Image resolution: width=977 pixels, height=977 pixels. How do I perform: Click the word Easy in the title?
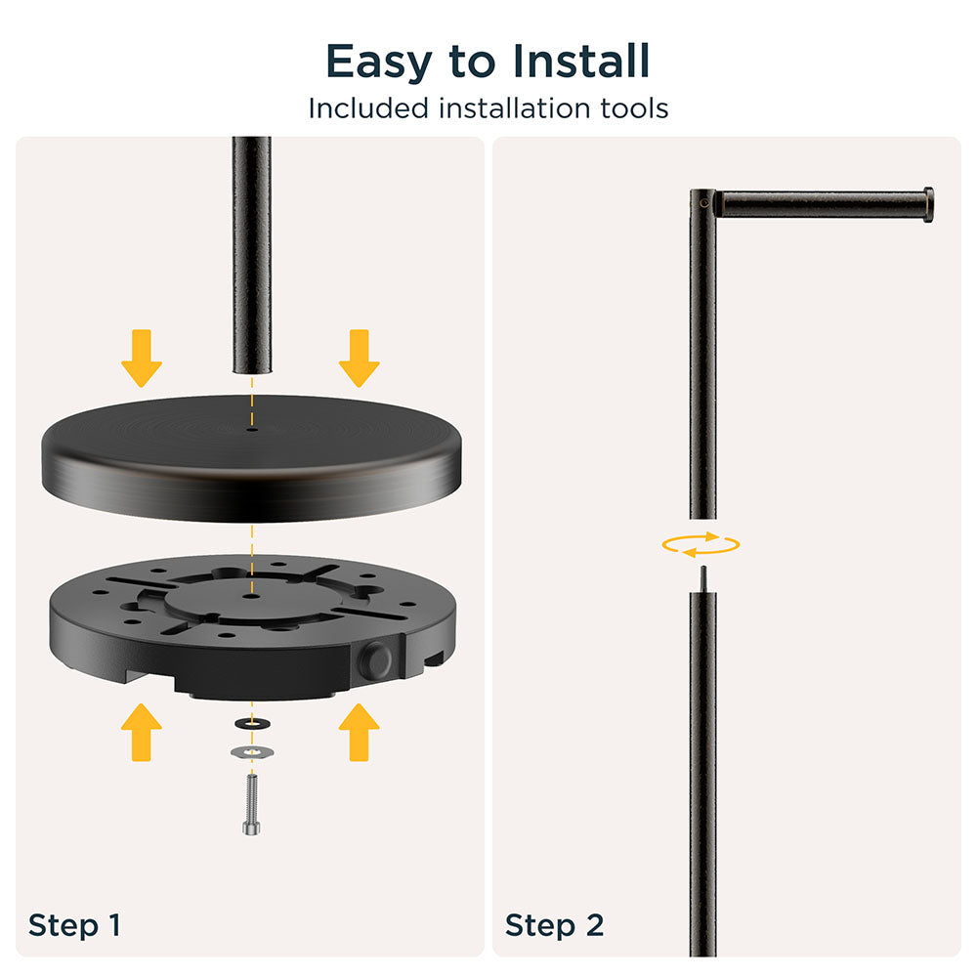(x=379, y=63)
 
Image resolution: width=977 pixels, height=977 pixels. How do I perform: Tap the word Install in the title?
(x=581, y=61)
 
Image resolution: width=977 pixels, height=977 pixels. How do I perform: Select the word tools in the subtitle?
(x=634, y=108)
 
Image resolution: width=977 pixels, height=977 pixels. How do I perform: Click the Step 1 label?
(x=74, y=924)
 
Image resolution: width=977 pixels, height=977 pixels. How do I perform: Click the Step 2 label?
(x=554, y=924)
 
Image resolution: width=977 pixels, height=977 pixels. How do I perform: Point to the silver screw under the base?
(x=252, y=804)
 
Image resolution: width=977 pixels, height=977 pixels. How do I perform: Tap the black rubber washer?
(x=252, y=723)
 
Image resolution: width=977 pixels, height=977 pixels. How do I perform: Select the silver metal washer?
(x=252, y=752)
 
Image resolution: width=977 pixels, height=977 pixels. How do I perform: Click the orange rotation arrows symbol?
(x=701, y=545)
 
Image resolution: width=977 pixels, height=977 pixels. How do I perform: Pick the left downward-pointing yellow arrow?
(x=142, y=358)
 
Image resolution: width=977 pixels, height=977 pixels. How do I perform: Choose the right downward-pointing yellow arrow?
(x=359, y=358)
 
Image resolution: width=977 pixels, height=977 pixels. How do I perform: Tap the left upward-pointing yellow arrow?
(x=142, y=732)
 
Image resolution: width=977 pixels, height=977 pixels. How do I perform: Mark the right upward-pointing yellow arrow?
(x=359, y=732)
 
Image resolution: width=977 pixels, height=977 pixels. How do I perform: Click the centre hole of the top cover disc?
(x=252, y=429)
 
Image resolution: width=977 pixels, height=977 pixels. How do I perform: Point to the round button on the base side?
(x=376, y=660)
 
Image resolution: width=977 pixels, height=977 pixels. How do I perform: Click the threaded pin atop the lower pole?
(x=702, y=578)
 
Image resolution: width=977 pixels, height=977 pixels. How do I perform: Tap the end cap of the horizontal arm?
(x=928, y=204)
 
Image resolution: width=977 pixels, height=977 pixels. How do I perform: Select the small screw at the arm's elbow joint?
(x=704, y=203)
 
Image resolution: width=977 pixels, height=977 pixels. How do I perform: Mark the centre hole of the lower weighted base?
(x=252, y=596)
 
